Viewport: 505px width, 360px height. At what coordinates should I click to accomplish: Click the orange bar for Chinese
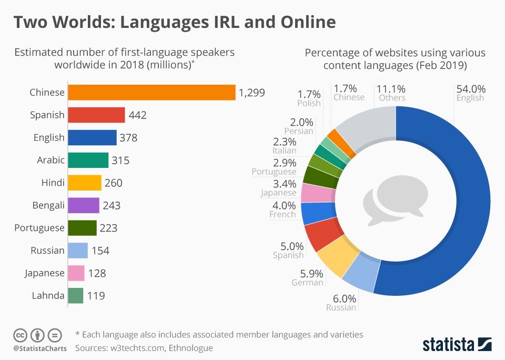[x=152, y=92]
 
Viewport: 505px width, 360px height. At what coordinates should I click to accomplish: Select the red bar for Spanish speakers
[x=97, y=115]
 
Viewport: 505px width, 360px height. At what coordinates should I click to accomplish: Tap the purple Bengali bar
[x=84, y=205]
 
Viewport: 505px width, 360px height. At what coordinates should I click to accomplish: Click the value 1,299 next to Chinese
[x=251, y=93]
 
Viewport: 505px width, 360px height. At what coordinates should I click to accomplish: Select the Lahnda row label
[x=47, y=296]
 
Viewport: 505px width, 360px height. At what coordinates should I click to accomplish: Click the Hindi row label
[x=53, y=183]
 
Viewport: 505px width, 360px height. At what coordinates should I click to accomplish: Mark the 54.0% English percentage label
[x=471, y=89]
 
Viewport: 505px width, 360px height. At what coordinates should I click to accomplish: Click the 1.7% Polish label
[x=309, y=94]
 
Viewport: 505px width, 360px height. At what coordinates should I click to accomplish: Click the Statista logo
[x=457, y=344]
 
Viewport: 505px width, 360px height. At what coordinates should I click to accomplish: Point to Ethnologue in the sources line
[x=190, y=348]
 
